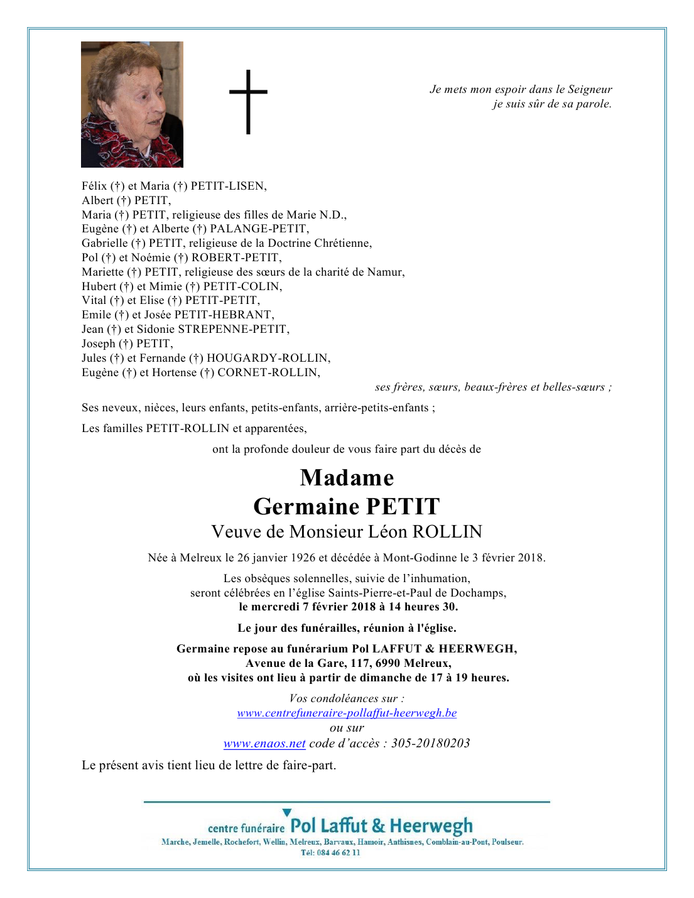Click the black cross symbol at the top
tap(248, 101)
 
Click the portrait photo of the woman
tap(132, 104)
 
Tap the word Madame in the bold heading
tap(347, 478)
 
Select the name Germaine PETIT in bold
tap(347, 506)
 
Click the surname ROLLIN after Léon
tap(447, 532)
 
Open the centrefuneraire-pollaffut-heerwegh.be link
tap(347, 713)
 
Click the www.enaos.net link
tap(264, 744)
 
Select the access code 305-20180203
tap(430, 744)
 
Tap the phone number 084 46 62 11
tap(339, 853)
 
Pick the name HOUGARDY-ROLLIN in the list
tap(268, 358)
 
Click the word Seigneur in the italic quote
tap(590, 89)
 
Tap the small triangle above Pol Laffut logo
tap(287, 813)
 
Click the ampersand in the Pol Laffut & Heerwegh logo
tap(379, 826)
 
